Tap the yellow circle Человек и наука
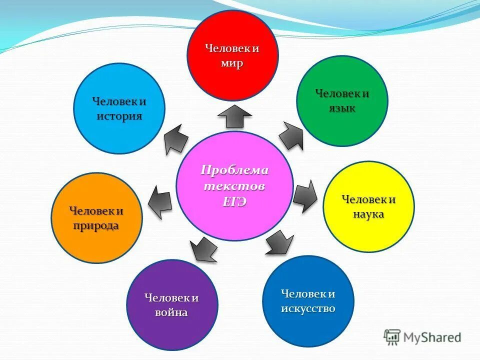click(369, 206)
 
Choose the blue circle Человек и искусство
click(308, 300)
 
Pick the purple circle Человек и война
click(172, 304)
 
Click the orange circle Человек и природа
click(96, 217)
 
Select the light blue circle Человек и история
click(119, 108)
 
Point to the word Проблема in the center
click(234, 170)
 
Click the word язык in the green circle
click(342, 108)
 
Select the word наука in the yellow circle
click(369, 214)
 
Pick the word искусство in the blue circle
click(308, 308)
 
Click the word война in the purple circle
click(172, 313)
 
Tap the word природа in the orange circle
click(96, 225)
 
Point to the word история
click(119, 116)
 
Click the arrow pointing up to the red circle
click(234, 116)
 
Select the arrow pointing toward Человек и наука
click(305, 195)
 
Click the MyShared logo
click(422, 337)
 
